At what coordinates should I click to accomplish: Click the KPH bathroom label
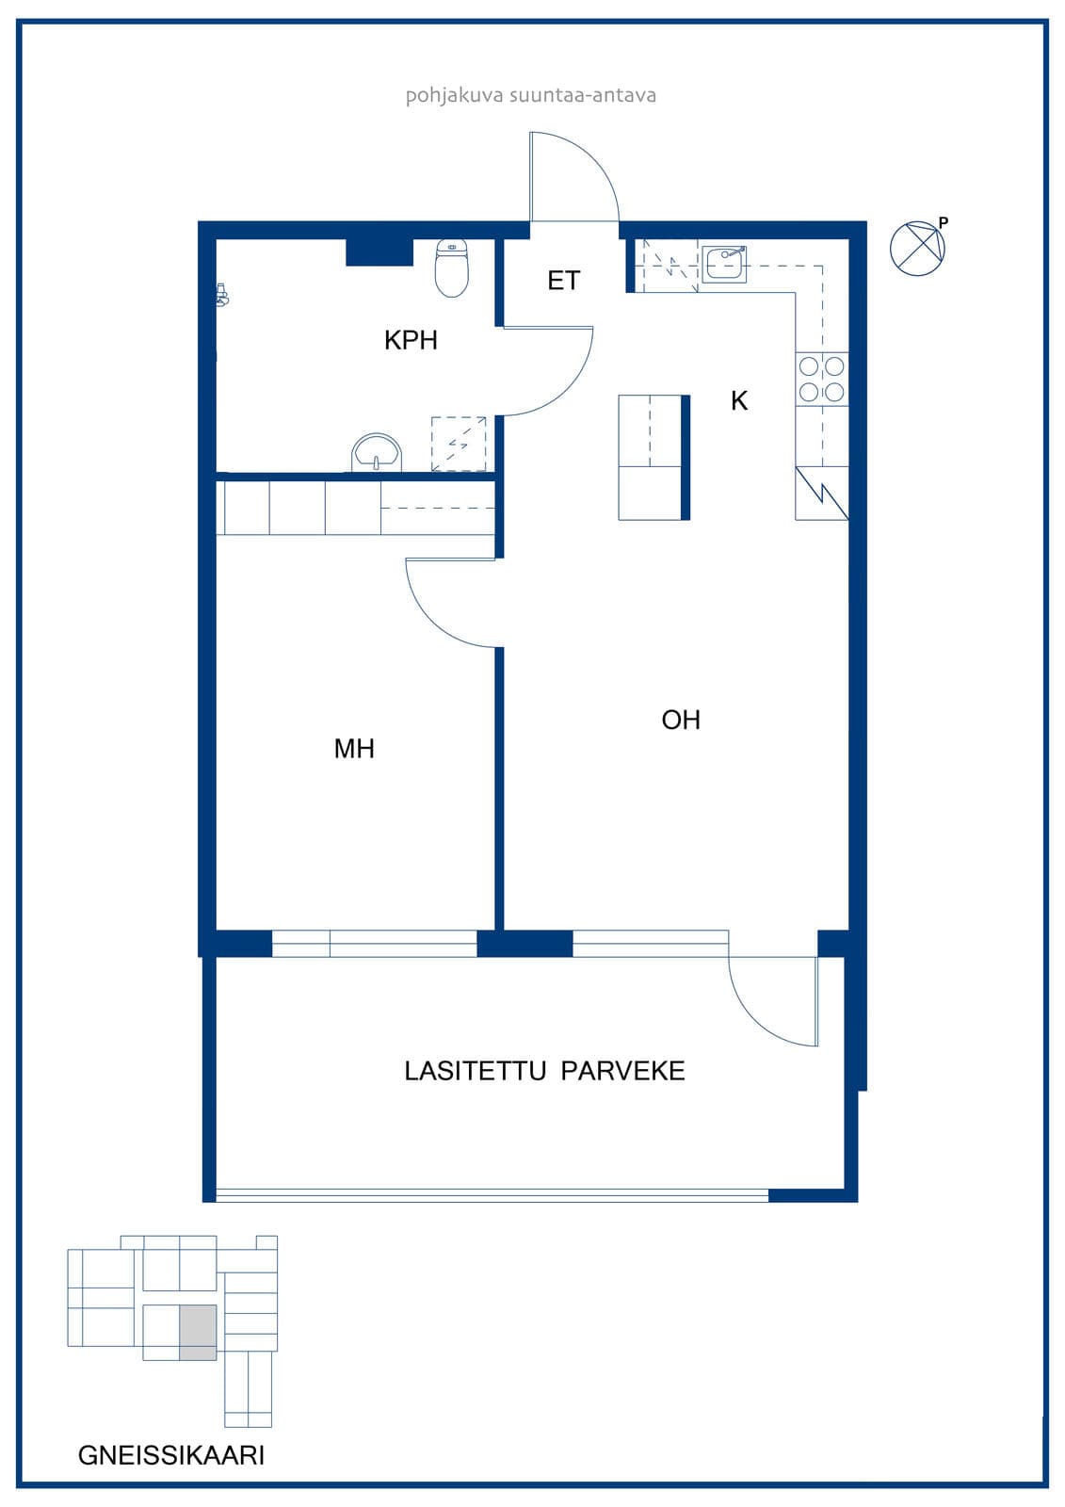(411, 340)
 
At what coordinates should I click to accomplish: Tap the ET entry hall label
(563, 281)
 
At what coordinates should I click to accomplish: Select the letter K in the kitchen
(738, 401)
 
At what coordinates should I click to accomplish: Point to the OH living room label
(681, 720)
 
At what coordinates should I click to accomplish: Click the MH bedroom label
(354, 748)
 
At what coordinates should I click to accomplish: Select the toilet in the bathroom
(451, 267)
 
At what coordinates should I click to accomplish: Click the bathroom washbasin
(377, 452)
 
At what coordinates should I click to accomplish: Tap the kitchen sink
(724, 264)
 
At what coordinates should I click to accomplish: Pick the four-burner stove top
(821, 380)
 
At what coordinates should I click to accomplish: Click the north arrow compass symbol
(917, 249)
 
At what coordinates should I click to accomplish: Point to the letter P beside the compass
(944, 222)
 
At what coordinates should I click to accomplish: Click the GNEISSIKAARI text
(170, 1455)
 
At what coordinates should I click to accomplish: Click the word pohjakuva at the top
(454, 95)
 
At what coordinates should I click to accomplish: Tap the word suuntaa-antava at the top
(583, 95)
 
